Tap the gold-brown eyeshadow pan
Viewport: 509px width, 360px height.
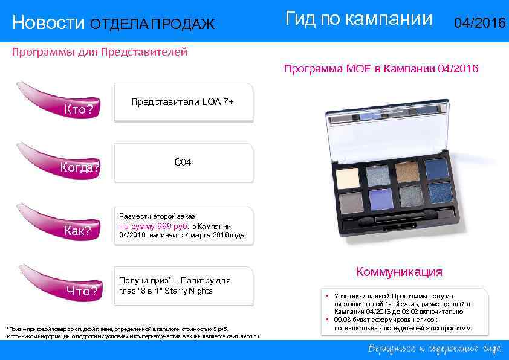tap(407, 172)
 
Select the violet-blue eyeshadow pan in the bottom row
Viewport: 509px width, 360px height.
tap(380, 199)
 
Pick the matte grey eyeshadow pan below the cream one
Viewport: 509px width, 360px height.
tap(351, 201)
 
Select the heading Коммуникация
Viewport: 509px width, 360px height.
tap(399, 272)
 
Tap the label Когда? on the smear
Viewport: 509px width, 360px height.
tap(80, 168)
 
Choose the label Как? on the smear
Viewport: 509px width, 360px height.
tap(78, 231)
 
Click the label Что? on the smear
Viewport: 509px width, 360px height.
tap(82, 291)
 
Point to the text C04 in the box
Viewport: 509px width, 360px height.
tap(183, 162)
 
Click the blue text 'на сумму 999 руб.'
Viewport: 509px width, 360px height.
tap(154, 225)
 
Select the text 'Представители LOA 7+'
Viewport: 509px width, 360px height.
tap(182, 102)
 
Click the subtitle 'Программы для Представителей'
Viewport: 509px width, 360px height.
tap(100, 52)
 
